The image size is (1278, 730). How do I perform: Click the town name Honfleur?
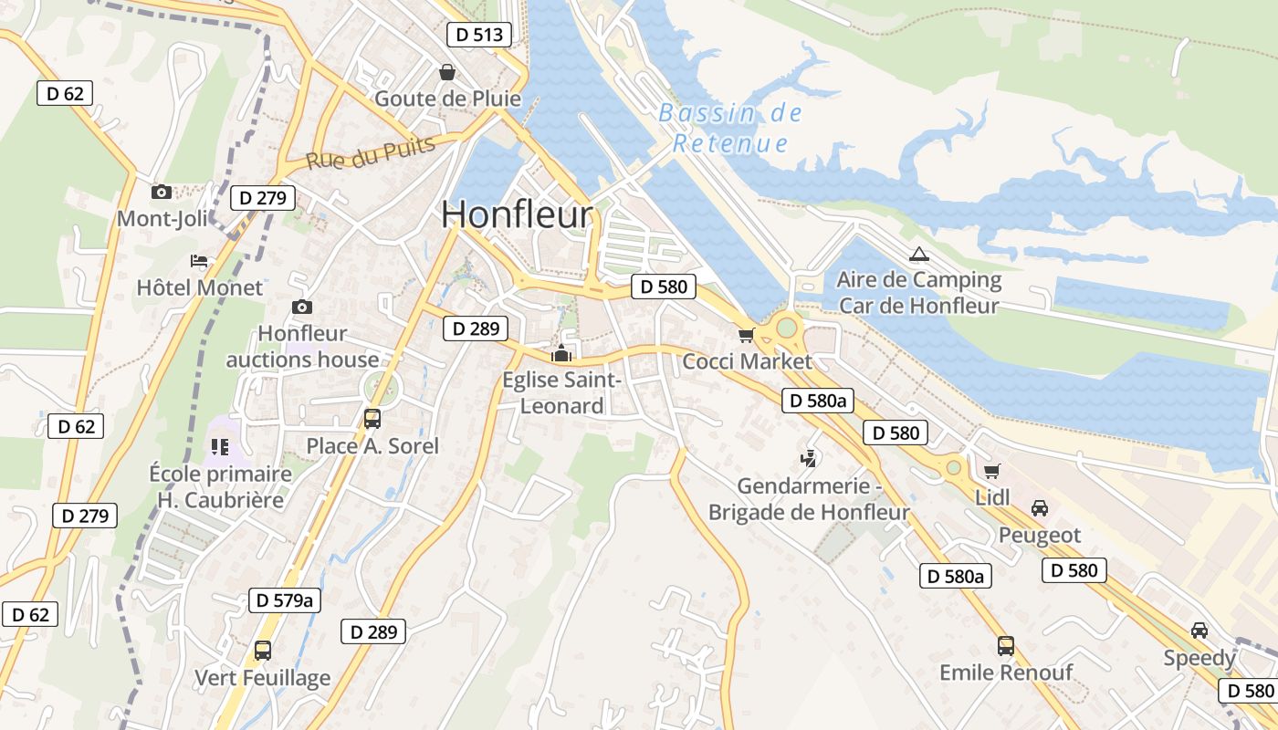(x=517, y=214)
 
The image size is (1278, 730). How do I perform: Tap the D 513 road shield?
(x=479, y=35)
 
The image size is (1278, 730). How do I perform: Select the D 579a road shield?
(x=285, y=600)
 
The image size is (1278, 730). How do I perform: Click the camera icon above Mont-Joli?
(x=162, y=192)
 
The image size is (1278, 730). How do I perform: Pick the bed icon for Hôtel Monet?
(x=199, y=261)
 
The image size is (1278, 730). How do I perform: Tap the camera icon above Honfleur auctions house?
(x=301, y=307)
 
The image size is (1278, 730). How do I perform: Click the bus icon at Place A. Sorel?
(x=372, y=419)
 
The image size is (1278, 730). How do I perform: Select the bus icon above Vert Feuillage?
(x=263, y=651)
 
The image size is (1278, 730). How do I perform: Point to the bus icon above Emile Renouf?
(x=1006, y=646)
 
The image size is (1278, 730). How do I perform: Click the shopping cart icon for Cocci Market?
(x=747, y=335)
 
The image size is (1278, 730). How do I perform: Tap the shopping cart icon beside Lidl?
(x=992, y=471)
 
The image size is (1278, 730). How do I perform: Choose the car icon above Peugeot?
(x=1039, y=508)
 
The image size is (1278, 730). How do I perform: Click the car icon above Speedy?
(x=1199, y=631)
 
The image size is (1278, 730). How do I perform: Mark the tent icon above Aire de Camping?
(x=918, y=254)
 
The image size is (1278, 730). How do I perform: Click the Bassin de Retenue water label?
(x=730, y=128)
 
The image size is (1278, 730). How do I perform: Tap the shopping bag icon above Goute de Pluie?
(x=447, y=71)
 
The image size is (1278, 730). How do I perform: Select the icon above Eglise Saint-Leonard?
(x=561, y=354)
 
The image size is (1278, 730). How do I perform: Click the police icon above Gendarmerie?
(x=808, y=459)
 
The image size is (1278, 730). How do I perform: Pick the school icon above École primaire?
(x=219, y=446)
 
